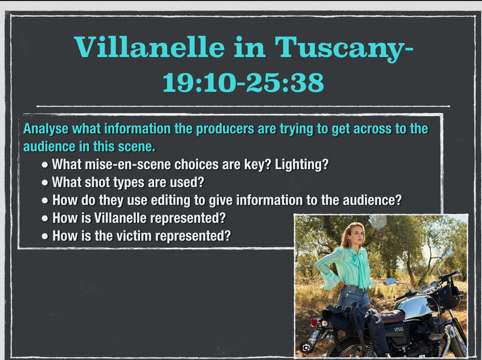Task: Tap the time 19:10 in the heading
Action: click(x=199, y=83)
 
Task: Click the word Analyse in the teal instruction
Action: click(x=46, y=129)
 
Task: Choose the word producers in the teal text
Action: click(x=225, y=129)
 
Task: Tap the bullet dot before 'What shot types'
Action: click(x=45, y=183)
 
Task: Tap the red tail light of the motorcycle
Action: click(x=314, y=322)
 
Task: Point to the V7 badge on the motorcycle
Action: click(x=399, y=329)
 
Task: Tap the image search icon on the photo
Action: click(x=306, y=348)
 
